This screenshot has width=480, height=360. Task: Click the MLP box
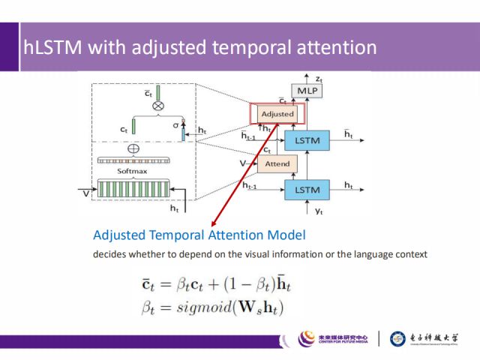point(308,91)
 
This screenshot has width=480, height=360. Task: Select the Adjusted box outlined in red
point(277,114)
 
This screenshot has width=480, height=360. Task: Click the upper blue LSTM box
point(309,139)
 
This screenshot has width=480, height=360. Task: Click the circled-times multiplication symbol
point(158,106)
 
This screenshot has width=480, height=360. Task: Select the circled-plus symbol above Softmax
point(134,148)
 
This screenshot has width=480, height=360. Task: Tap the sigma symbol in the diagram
point(175,127)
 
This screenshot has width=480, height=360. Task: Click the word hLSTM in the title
point(53,48)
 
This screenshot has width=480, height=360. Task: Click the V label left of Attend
point(242,163)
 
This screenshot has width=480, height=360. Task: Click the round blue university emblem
point(400,339)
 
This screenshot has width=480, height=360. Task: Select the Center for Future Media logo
point(334,339)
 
